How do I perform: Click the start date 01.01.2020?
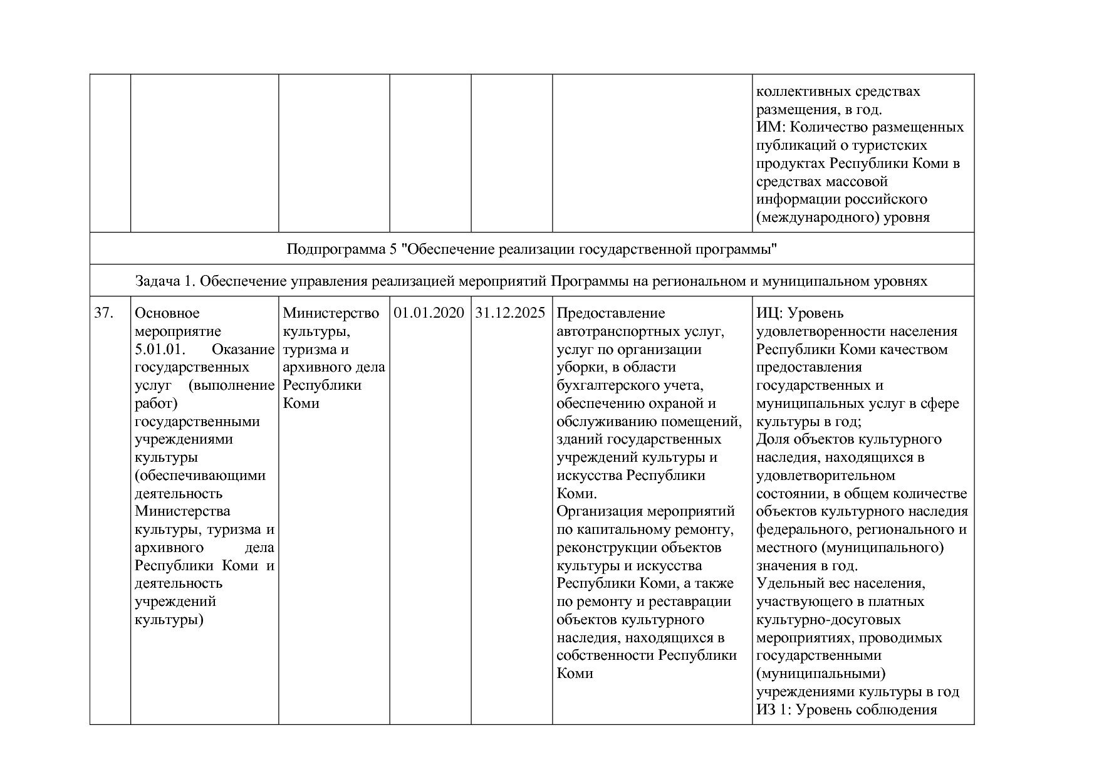[x=429, y=313]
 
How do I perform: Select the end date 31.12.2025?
[x=511, y=313]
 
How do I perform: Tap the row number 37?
[x=103, y=313]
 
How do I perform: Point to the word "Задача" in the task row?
[x=157, y=281]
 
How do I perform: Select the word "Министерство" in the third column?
[x=331, y=313]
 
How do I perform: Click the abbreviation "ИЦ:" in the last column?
[x=769, y=313]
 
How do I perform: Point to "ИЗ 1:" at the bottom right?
[x=773, y=710]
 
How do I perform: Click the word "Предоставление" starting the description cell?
[x=610, y=313]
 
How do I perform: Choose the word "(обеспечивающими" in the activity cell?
[x=200, y=475]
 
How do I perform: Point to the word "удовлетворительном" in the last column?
[x=825, y=475]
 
